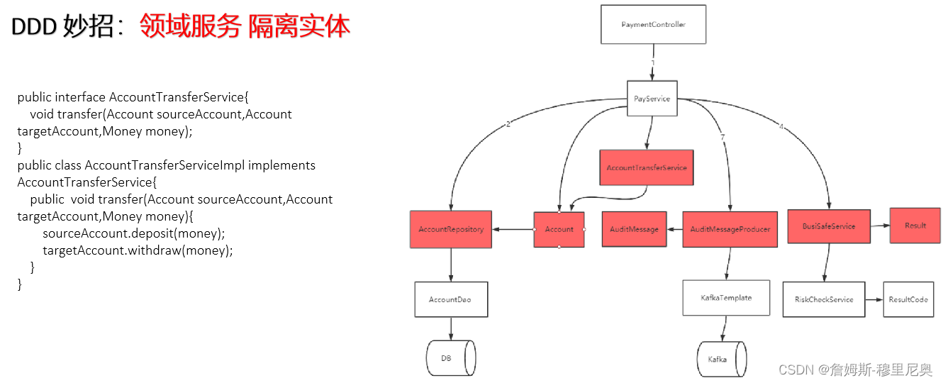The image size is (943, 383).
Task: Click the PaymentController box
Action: pyautogui.click(x=653, y=25)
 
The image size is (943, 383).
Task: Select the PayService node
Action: pyautogui.click(x=652, y=99)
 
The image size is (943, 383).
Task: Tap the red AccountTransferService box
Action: pyautogui.click(x=646, y=168)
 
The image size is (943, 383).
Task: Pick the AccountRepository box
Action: pyautogui.click(x=451, y=229)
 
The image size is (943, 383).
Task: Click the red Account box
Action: pyautogui.click(x=559, y=229)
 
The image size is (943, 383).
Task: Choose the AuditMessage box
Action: pyautogui.click(x=634, y=229)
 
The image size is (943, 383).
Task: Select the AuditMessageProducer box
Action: pyautogui.click(x=730, y=229)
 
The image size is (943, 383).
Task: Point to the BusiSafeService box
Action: pyautogui.click(x=828, y=226)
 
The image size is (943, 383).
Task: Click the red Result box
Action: pyautogui.click(x=915, y=226)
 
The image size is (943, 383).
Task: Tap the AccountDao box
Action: pyautogui.click(x=450, y=299)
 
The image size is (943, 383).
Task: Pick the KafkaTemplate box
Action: pyautogui.click(x=727, y=298)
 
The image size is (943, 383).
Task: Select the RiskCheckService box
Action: pyautogui.click(x=824, y=299)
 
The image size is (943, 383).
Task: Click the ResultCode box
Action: pyautogui.click(x=908, y=299)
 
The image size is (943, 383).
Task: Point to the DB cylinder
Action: pyautogui.click(x=450, y=358)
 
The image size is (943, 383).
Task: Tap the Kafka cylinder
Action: pyautogui.click(x=720, y=360)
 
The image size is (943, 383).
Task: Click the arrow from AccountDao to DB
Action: pyautogui.click(x=451, y=328)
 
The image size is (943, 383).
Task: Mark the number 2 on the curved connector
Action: pyautogui.click(x=508, y=125)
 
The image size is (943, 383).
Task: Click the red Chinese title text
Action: pyautogui.click(x=245, y=26)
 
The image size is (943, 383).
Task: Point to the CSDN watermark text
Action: pyautogui.click(x=855, y=370)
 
